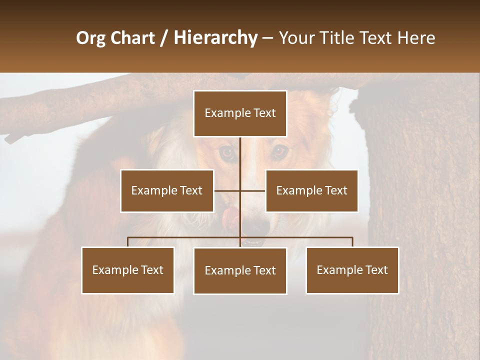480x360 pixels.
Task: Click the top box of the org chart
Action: (240, 113)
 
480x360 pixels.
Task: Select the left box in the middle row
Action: (167, 190)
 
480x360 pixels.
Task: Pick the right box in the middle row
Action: (311, 190)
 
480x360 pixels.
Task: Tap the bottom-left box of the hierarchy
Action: (128, 270)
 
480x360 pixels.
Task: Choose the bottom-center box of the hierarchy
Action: (240, 270)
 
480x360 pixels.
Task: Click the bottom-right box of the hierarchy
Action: (352, 270)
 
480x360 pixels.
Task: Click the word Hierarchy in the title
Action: (215, 37)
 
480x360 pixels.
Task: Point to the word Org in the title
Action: (90, 37)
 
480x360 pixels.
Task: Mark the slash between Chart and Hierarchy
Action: (164, 37)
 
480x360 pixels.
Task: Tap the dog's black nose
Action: (256, 226)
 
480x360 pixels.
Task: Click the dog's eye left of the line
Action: (227, 153)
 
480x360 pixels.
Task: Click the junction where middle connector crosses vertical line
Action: (240, 190)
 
